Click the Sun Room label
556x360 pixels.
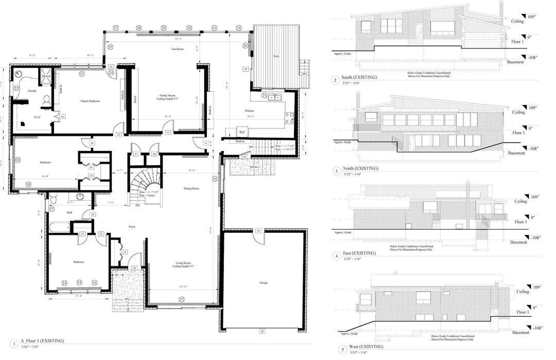178,49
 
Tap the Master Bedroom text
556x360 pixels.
90,101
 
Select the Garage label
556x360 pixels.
263,283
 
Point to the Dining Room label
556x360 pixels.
191,188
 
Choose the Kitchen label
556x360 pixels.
249,111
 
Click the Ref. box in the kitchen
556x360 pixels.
241,132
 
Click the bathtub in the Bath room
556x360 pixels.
59,227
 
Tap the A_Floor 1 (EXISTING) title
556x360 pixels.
42,341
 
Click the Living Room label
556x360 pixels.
182,263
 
